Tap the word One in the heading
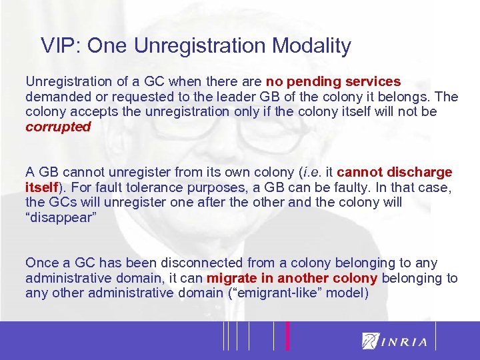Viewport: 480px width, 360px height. [109, 46]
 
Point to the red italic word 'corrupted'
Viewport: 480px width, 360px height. [57, 127]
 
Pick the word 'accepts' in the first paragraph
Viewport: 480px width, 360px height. [87, 111]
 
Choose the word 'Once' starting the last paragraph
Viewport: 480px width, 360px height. [41, 263]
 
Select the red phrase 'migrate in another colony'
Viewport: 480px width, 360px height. [292, 278]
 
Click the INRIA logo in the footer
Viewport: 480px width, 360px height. [395, 341]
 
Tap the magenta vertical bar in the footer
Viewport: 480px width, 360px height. [287, 335]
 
